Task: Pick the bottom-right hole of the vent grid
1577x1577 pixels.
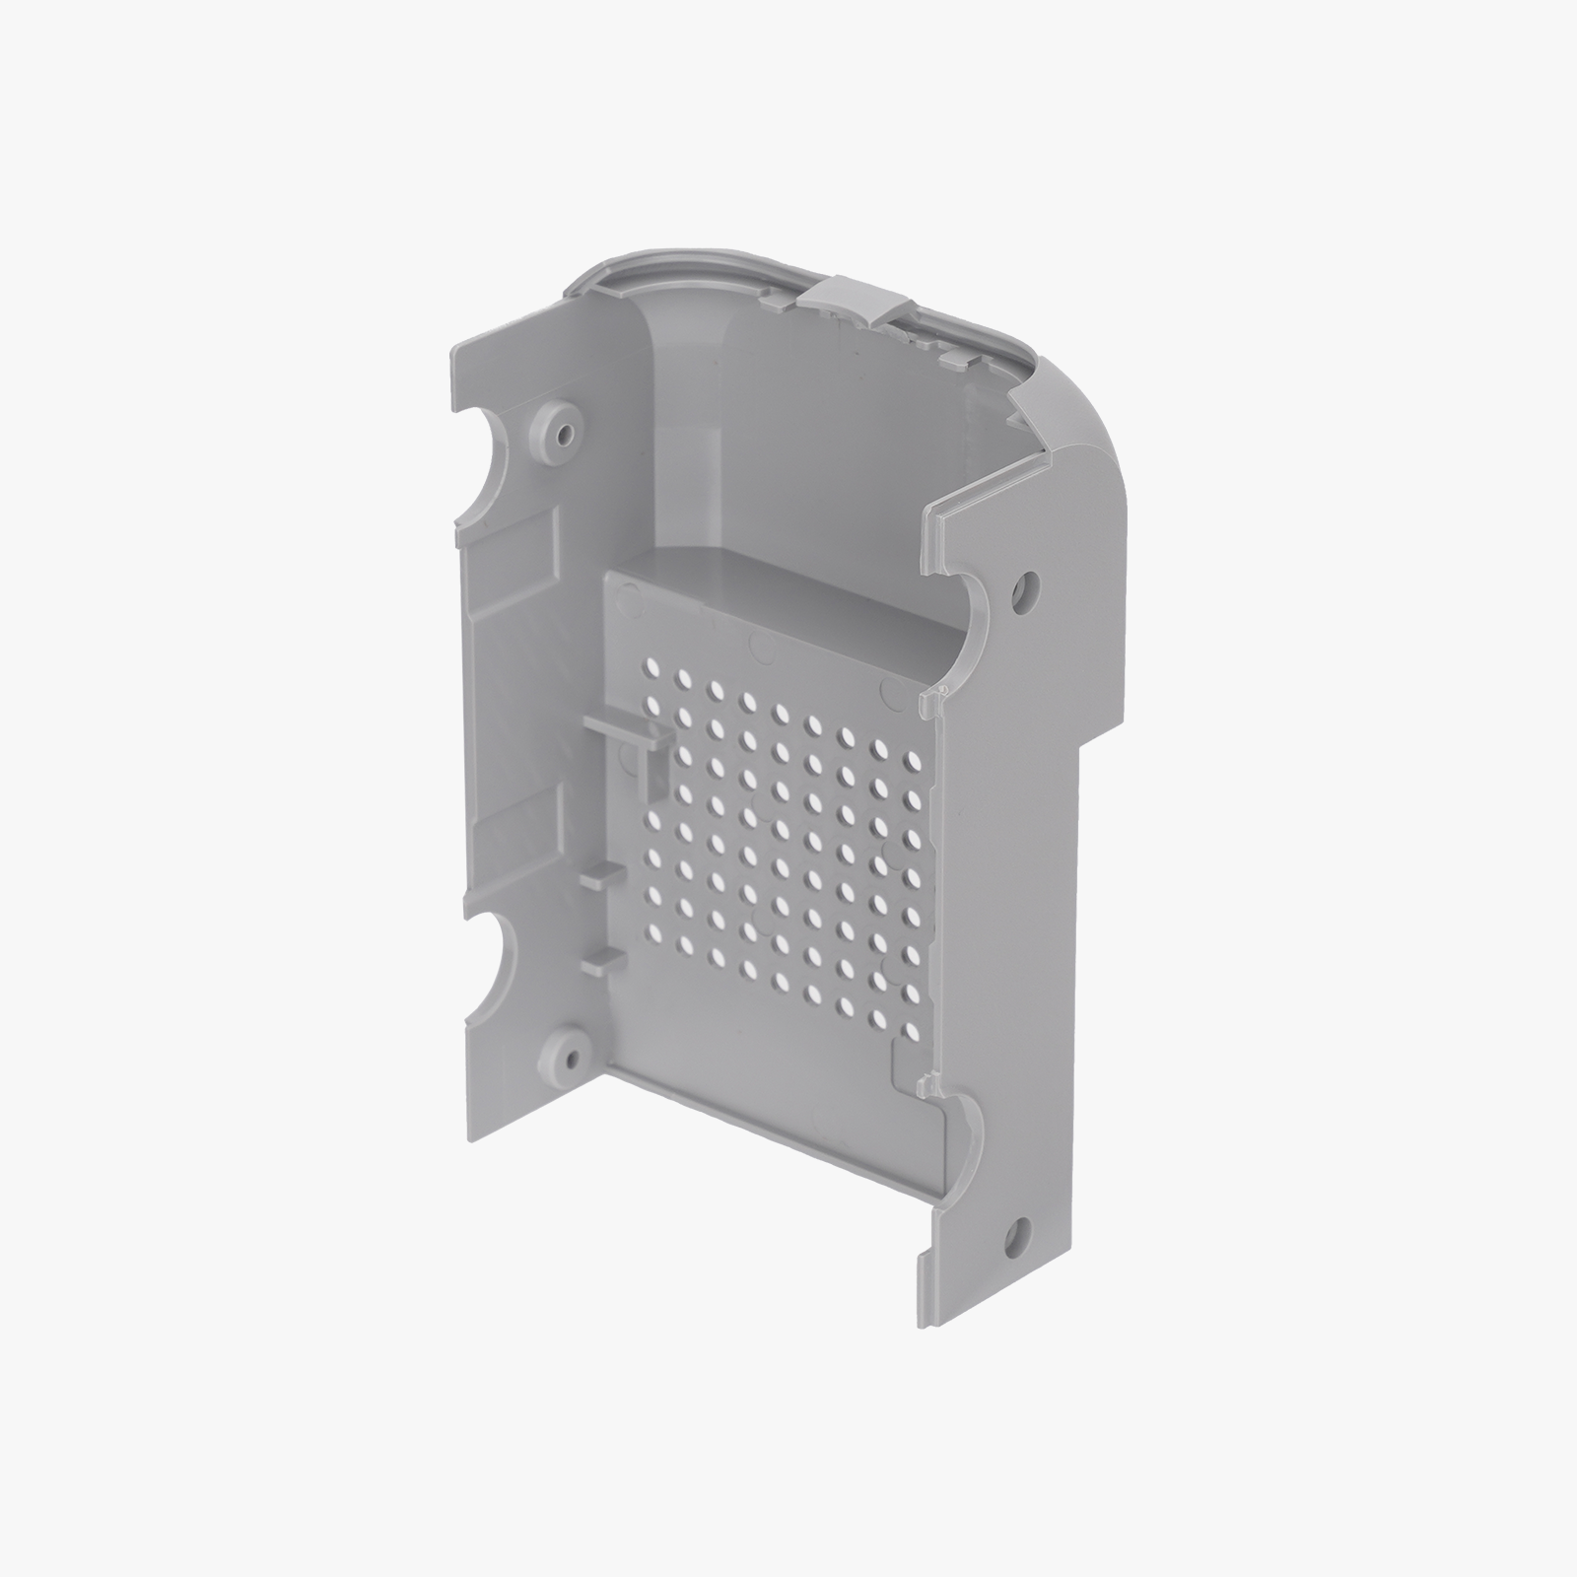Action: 909,1031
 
